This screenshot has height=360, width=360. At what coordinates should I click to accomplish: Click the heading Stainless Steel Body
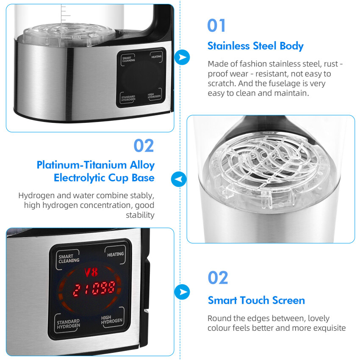coord(255,46)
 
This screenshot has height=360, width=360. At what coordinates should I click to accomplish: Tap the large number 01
coord(216,25)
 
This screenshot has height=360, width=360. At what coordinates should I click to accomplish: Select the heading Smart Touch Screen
coord(256,300)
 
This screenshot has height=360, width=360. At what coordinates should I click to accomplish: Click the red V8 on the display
coord(91,272)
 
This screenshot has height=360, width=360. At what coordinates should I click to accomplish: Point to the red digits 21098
coord(94,288)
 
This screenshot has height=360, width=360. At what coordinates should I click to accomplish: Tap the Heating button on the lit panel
coord(116,255)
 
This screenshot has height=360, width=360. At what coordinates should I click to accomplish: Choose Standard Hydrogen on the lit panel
coord(69,324)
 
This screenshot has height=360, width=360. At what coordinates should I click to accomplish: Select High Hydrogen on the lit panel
coord(111,320)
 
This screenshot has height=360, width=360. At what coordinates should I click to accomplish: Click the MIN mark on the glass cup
coord(76,38)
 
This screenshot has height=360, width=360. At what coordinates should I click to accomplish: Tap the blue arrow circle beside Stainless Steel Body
coord(182,57)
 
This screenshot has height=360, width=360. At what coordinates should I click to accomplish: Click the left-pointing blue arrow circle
coord(179,179)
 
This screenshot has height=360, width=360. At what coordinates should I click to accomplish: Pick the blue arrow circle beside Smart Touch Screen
coord(182,292)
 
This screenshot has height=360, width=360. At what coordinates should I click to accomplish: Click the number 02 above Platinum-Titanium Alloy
coord(144,146)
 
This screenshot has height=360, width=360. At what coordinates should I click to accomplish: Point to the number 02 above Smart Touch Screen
coord(218,278)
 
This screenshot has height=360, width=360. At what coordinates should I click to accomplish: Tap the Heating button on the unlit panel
coord(156,57)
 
